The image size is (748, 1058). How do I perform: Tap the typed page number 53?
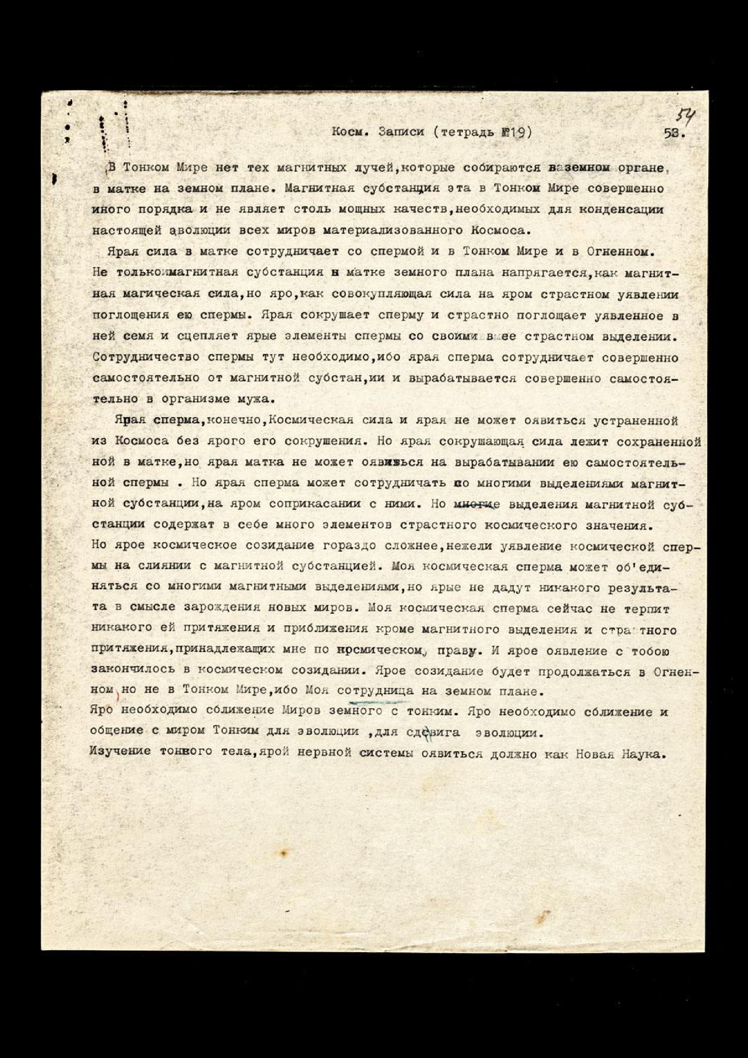674,134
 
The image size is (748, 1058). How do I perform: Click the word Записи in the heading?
401,132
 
